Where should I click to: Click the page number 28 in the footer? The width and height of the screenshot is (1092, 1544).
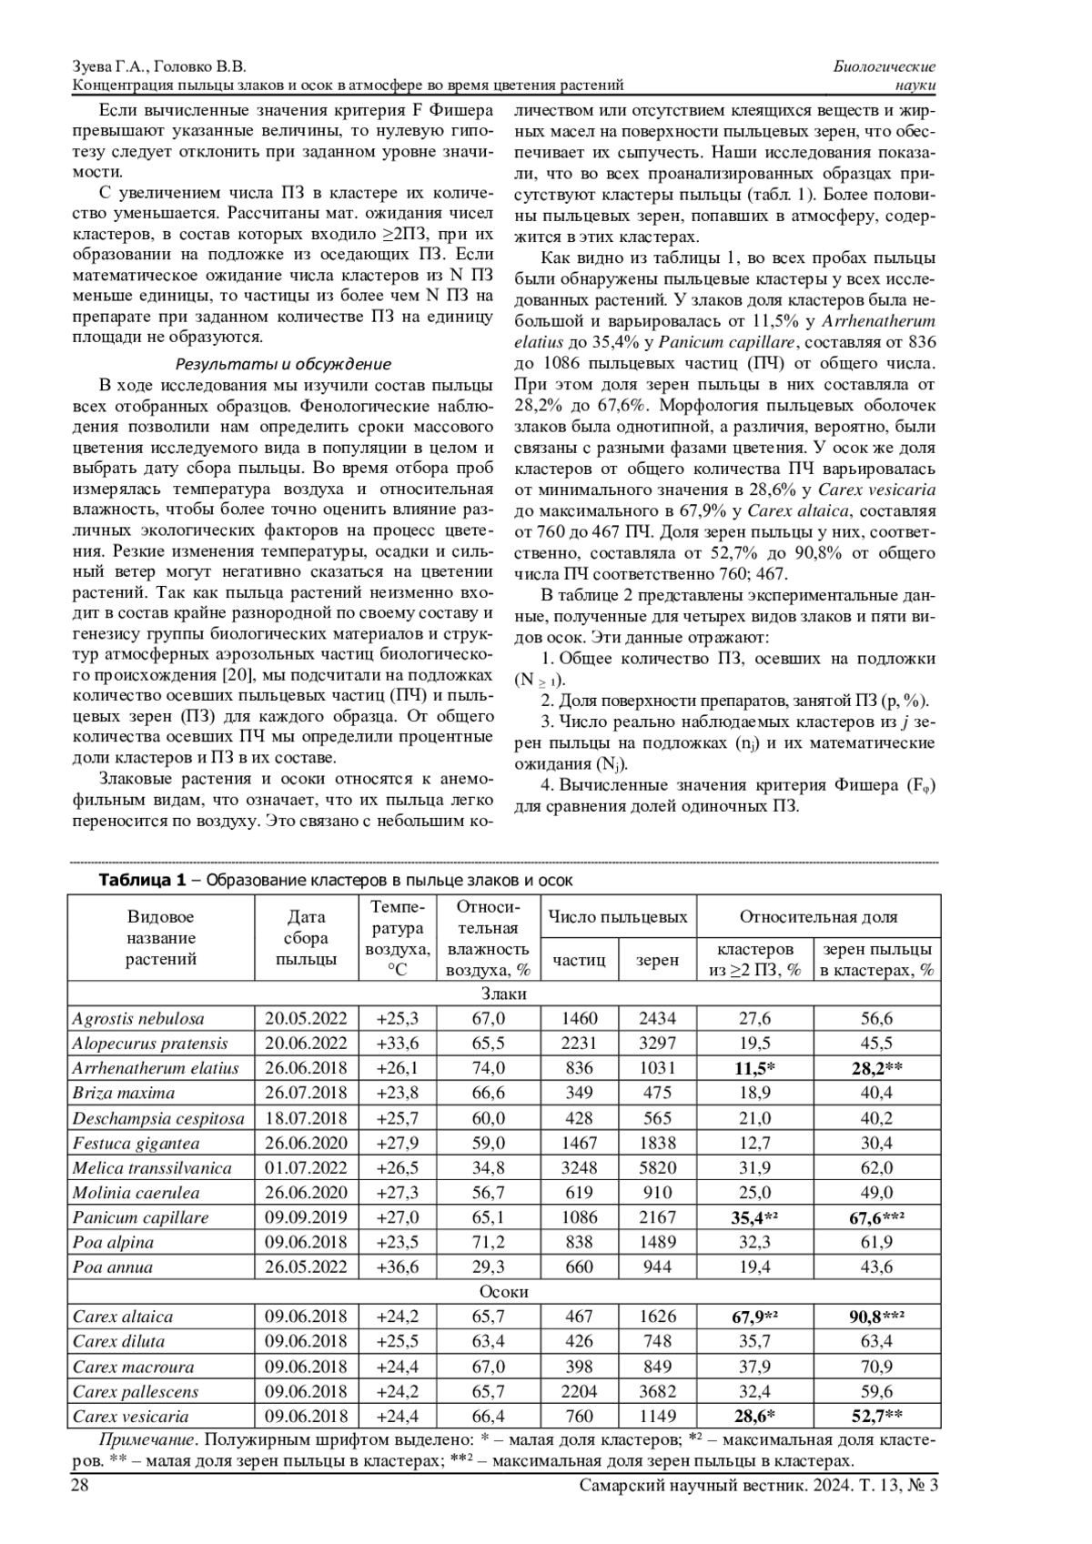(79, 1485)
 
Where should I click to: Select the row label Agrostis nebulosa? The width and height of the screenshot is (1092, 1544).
(138, 1019)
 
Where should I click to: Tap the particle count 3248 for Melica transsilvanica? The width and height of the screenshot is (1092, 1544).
(579, 1168)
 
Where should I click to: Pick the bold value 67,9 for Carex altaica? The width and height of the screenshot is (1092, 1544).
(752, 1317)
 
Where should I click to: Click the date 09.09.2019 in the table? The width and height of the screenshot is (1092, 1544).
(306, 1217)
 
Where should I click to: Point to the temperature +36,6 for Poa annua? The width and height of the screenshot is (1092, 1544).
(398, 1267)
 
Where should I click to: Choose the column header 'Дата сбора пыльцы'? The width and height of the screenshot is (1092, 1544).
(306, 937)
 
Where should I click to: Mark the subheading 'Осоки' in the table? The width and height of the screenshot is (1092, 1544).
(503, 1292)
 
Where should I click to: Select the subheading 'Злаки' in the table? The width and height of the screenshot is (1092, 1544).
(503, 994)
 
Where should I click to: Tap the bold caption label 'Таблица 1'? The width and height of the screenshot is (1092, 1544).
(141, 880)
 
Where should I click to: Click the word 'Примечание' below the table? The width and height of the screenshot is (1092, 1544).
(146, 1440)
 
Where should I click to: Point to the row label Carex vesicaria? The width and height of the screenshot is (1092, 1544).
(131, 1416)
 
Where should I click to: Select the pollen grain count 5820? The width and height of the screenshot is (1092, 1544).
(657, 1168)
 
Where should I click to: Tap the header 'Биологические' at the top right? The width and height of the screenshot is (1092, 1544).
(885, 67)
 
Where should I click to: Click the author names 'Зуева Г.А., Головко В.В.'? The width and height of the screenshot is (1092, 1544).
(158, 67)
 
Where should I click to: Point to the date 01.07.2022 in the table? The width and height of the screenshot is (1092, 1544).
(306, 1168)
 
